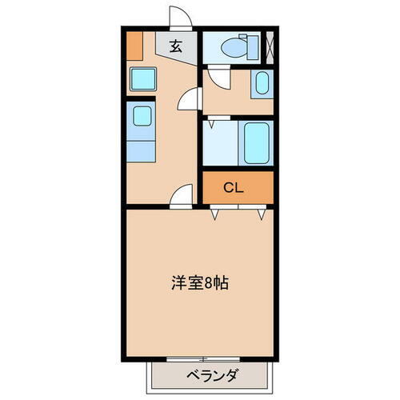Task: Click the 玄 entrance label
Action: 176,45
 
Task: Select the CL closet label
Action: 233,189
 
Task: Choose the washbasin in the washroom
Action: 263,84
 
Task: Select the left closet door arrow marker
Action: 215,214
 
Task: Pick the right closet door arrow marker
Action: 262,214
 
